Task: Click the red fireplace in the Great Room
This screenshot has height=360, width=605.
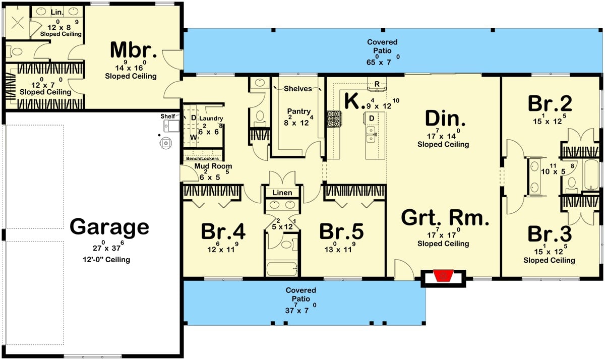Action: click(x=443, y=276)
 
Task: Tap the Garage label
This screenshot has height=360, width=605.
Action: click(x=109, y=227)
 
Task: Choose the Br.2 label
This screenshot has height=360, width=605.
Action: click(x=550, y=104)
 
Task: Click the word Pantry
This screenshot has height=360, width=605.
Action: click(x=298, y=111)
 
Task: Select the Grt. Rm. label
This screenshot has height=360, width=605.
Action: click(x=445, y=218)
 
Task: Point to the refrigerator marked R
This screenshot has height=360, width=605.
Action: click(x=376, y=84)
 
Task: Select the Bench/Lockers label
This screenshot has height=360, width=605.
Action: click(x=203, y=158)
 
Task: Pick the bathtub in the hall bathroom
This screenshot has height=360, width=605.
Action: click(x=282, y=268)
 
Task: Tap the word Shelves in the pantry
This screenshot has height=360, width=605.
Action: click(x=297, y=89)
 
